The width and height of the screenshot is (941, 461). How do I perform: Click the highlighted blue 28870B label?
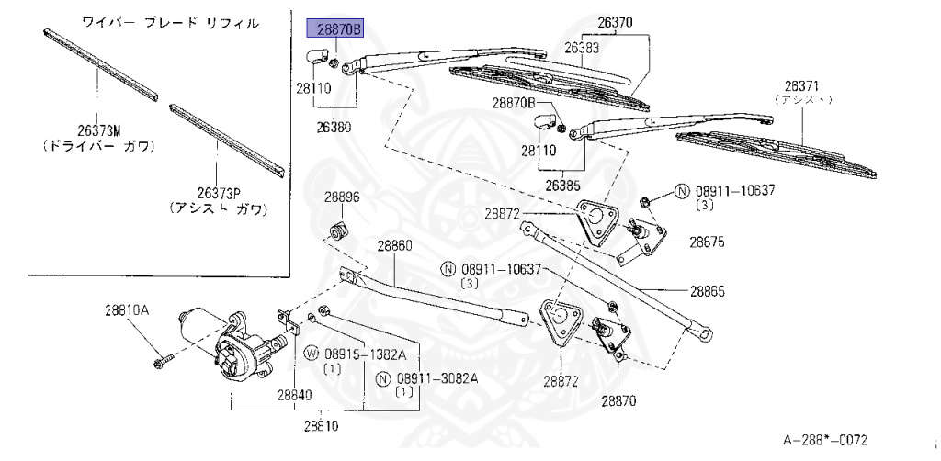point(334,29)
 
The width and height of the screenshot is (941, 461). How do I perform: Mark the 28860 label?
point(394,246)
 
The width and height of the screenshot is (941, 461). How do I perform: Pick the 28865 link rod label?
point(708,291)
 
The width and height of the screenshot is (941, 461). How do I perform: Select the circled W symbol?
point(311,354)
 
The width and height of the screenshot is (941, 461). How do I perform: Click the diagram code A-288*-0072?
point(825,440)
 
